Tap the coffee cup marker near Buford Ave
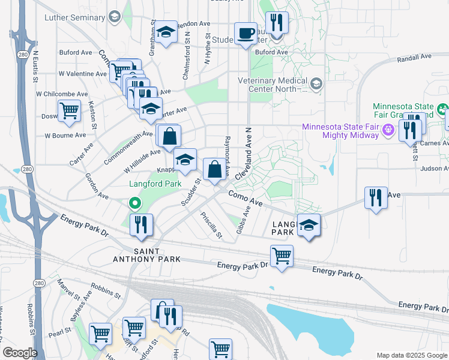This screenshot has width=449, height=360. (245, 34)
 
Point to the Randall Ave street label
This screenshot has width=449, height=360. (414, 57)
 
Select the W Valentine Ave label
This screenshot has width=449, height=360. (82, 74)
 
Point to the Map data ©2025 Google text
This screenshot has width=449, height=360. (412, 355)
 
